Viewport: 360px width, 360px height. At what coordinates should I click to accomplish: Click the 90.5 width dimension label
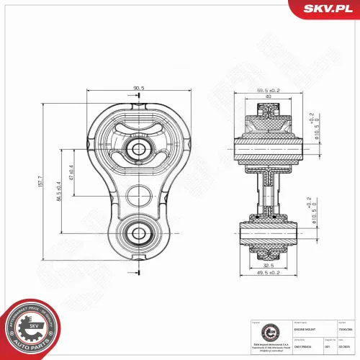138,88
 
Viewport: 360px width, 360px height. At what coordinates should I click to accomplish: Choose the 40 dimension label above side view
269,97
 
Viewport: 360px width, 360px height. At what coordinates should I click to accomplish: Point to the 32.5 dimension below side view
267,266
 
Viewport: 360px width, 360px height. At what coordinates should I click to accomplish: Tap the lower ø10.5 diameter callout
312,214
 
